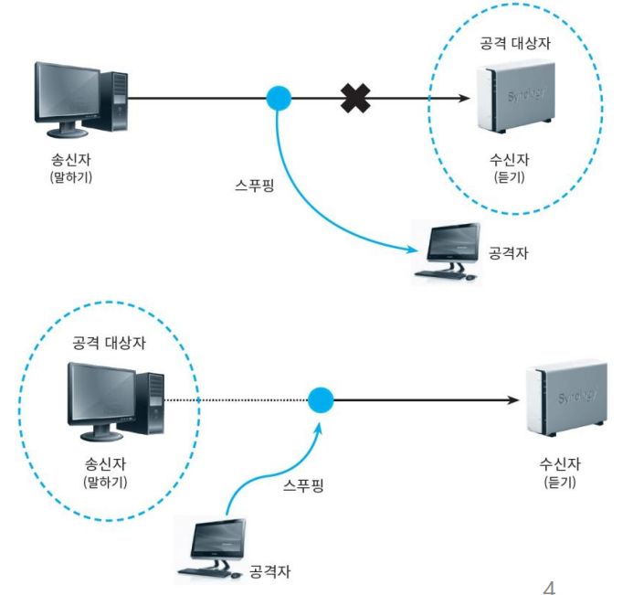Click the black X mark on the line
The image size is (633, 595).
coord(355,98)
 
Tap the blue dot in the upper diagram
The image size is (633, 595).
coord(279,98)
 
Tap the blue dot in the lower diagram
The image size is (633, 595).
coord(321,400)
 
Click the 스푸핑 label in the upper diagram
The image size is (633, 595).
coord(255,186)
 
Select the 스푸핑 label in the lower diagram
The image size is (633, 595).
coord(303,485)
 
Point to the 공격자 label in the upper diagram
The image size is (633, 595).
coord(508,253)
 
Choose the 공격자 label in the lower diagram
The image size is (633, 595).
coord(269,571)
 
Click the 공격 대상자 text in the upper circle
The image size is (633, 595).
coord(515,43)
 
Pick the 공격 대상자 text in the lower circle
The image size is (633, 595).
coord(109,343)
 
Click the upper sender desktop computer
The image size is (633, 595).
coord(81,100)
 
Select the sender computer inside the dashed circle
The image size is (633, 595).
coord(116,401)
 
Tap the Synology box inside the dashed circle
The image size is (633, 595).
coord(516,97)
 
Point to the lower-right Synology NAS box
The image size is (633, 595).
coord(567,398)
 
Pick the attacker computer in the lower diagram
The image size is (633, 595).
coord(212,548)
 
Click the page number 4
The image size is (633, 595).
coord(549,588)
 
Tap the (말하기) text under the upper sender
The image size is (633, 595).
coord(71,177)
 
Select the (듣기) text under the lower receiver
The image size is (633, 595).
coord(560,482)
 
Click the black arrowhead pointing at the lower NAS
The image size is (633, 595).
coord(513,400)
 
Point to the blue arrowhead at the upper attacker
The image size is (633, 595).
coord(412,249)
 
